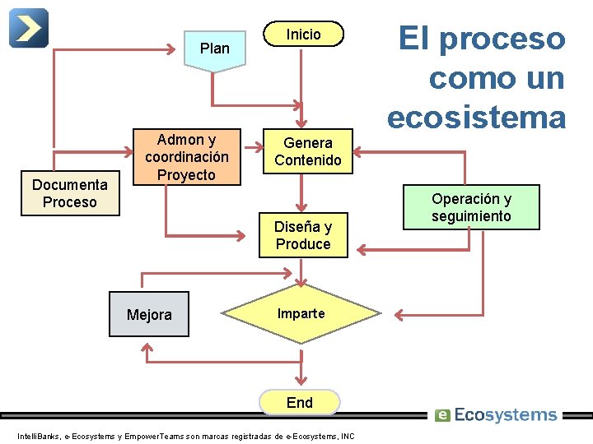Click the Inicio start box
[302, 35]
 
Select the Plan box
[214, 49]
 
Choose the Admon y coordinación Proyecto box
[186, 156]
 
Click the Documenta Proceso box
[70, 194]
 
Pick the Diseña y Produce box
[303, 235]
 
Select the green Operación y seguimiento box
[471, 206]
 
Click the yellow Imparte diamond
[301, 314]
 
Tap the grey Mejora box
[149, 315]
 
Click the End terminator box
[300, 402]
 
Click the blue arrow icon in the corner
[28, 28]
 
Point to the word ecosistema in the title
[477, 117]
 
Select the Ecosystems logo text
[505, 415]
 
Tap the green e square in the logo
[442, 415]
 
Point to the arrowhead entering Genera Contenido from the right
[360, 151]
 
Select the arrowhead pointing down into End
[300, 381]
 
